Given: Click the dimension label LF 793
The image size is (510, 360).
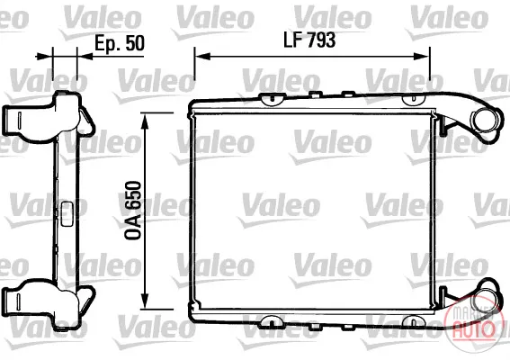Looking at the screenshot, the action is (309, 40).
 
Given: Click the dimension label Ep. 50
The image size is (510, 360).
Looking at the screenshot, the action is (120, 43).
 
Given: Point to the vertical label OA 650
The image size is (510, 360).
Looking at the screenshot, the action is (133, 211).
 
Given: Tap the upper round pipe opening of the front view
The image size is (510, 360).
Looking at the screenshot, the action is (486, 121).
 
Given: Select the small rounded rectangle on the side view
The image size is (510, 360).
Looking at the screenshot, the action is (67, 214).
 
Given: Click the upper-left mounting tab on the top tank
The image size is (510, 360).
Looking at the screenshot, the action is (272, 99).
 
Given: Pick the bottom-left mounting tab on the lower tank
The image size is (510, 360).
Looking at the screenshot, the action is (272, 321).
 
